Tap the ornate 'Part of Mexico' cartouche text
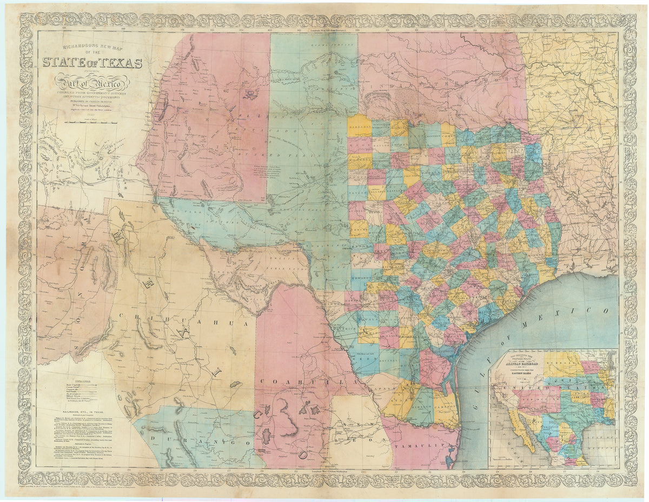pos(92,83)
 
